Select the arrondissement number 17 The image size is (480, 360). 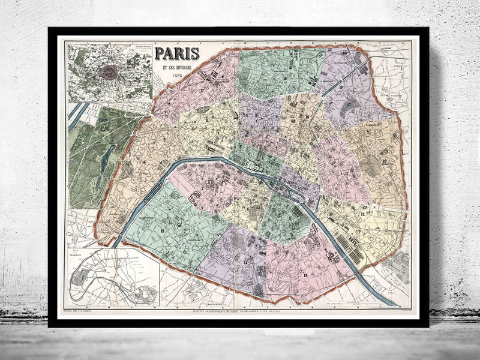[202, 91]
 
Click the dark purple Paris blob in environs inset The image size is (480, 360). [107, 72]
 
